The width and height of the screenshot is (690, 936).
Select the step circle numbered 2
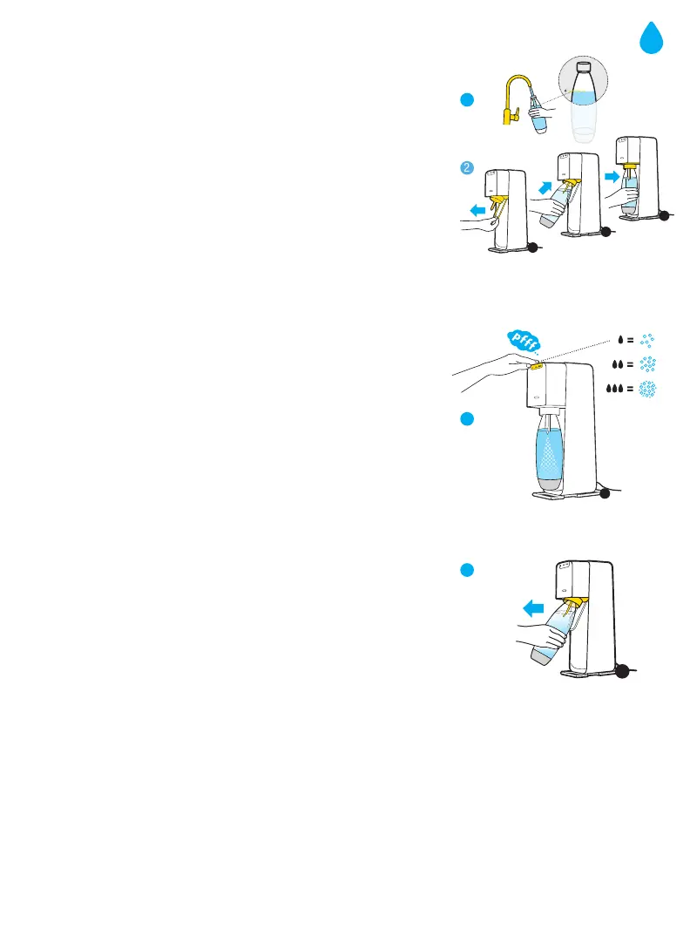point(468,167)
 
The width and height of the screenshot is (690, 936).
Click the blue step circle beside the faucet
point(467,101)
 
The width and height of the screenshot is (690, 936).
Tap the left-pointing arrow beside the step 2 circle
point(476,210)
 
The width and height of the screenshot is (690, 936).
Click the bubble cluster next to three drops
point(648,391)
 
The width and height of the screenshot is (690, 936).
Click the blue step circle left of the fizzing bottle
point(468,419)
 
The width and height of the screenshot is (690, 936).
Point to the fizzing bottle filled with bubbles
point(549,453)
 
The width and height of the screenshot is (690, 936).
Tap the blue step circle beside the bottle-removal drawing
point(467,571)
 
